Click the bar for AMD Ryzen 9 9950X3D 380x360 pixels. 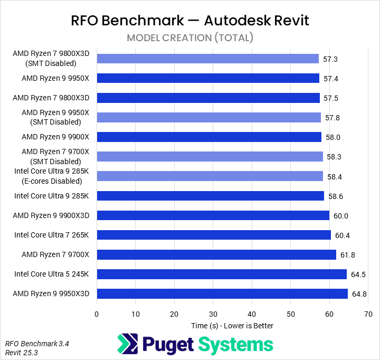pos(222,293)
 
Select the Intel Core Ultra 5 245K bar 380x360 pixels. pos(221,274)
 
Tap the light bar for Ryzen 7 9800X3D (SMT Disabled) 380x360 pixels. pos(207,59)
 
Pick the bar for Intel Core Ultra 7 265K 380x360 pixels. pos(213,235)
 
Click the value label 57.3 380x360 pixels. pos(331,59)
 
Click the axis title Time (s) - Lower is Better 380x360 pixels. pos(232,326)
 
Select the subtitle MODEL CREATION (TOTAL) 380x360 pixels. pos(190,38)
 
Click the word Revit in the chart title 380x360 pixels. pos(290,21)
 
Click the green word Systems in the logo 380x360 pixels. pos(236,345)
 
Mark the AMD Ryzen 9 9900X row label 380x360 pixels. pos(55,137)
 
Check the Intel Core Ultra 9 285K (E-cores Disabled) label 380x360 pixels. pos(52,176)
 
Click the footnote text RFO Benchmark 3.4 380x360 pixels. pos(37,343)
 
